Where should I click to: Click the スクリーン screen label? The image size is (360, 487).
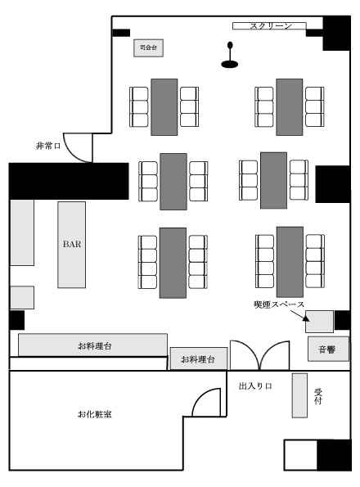(x=271, y=26)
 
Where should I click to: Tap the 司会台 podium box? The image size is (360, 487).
(x=148, y=47)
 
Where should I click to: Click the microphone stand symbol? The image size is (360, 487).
(x=230, y=55)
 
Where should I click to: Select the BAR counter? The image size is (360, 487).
(x=72, y=245)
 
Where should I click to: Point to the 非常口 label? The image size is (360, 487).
(x=48, y=146)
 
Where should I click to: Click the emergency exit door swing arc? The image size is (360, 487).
(x=72, y=154)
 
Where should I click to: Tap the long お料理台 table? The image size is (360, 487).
(x=92, y=345)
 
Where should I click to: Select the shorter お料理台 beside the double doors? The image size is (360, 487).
(x=199, y=358)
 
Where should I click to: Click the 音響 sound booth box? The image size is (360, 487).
(x=328, y=349)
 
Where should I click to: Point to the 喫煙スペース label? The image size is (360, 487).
(x=279, y=304)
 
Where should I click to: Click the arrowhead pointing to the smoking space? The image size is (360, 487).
(x=306, y=318)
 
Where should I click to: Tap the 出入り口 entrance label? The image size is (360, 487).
(x=255, y=386)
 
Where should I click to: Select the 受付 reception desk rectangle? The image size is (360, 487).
(x=299, y=395)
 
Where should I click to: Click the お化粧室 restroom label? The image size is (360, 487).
(x=95, y=414)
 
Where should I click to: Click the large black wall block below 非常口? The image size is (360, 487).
(x=69, y=181)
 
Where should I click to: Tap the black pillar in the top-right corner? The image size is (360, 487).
(x=337, y=34)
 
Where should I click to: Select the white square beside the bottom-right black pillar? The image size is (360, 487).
(x=300, y=455)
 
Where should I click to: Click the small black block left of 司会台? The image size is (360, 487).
(x=121, y=33)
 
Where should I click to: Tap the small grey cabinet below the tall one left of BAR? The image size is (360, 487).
(x=22, y=298)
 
